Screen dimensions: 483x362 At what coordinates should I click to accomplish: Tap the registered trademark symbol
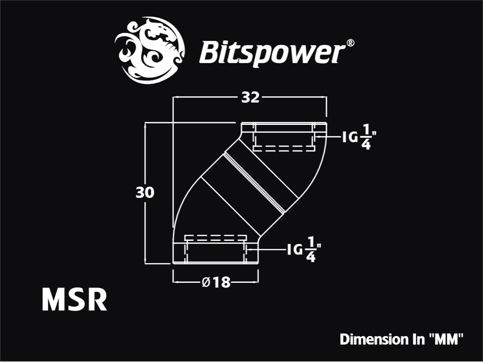pos(350,43)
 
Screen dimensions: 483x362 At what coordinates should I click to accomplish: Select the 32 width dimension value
pos(250,98)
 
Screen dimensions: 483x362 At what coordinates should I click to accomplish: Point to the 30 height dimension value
pos(145,193)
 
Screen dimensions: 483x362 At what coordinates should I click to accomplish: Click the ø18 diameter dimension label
pos(216,282)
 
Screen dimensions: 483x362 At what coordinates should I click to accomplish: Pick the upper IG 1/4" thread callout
pos(360,137)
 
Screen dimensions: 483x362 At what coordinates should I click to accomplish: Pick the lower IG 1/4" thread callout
pos(304,249)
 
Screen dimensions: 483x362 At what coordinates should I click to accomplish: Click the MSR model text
pos(75,299)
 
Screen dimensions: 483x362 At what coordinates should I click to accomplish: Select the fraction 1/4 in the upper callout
pos(366,137)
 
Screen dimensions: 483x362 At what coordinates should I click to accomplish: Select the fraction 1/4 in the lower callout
pos(311,249)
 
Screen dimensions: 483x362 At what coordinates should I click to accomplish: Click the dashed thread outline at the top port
pos(283,148)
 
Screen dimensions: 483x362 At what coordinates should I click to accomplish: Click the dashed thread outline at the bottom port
pos(216,238)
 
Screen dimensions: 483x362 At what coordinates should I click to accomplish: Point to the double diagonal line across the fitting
pos(254,182)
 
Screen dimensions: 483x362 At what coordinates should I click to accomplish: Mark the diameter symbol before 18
pos(206,282)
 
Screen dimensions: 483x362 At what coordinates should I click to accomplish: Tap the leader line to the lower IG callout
pos(266,249)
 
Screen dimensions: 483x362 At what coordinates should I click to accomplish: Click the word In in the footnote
pos(417,339)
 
